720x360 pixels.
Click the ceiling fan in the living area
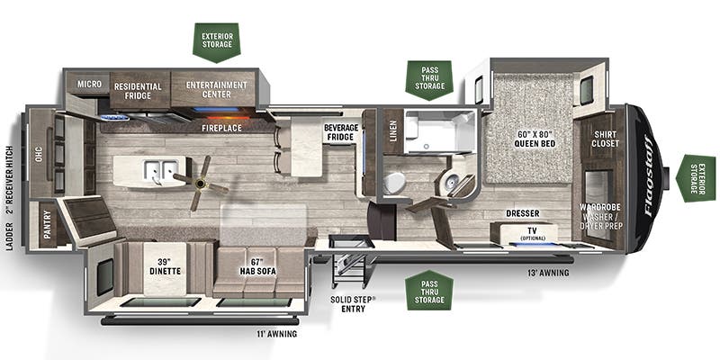point(200,184)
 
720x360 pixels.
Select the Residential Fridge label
point(139,91)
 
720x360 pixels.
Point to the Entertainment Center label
point(217,89)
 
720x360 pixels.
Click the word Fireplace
point(221,128)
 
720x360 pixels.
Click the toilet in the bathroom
point(394,183)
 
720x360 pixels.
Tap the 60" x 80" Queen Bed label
point(533,139)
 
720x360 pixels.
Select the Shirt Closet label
point(606,139)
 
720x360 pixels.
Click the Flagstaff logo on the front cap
point(648,175)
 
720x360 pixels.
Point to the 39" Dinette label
point(165,266)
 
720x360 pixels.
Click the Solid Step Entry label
point(353,304)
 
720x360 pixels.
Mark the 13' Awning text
point(548,273)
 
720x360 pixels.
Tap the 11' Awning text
point(275,334)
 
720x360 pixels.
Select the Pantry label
point(48,225)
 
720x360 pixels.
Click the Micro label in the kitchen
point(89,84)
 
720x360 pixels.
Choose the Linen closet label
point(394,131)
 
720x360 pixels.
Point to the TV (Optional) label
point(533,233)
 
